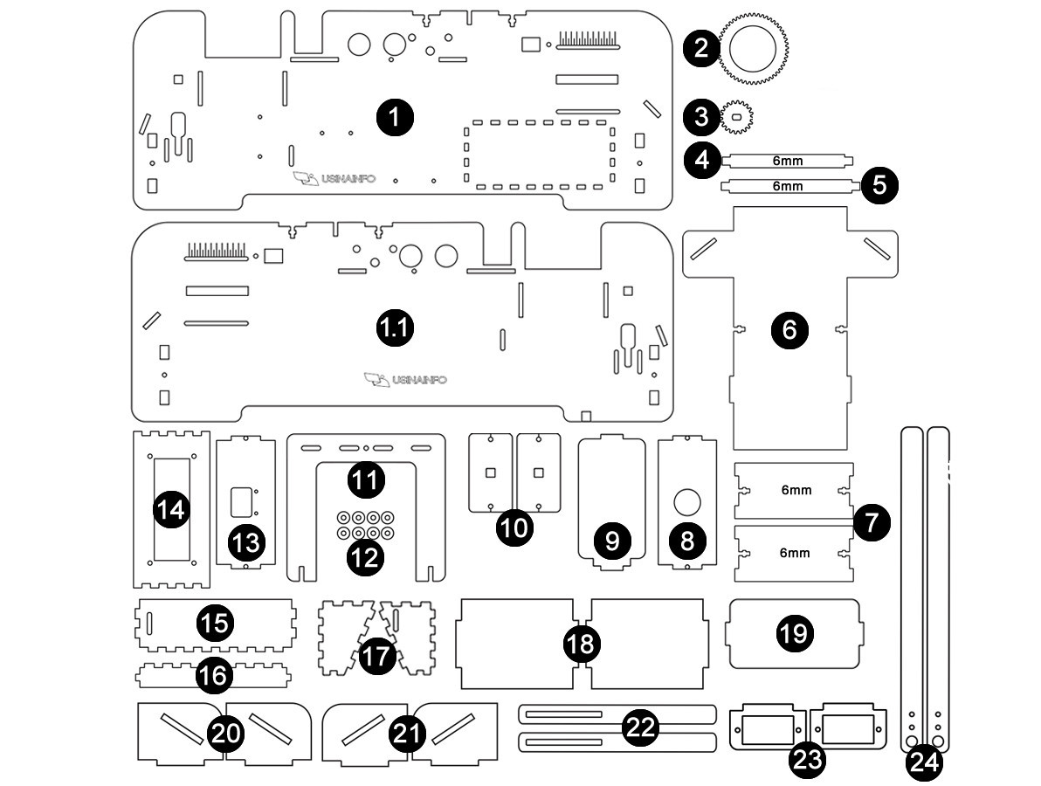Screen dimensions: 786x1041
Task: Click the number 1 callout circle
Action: [x=396, y=116]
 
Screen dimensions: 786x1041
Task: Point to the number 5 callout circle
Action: [x=879, y=185]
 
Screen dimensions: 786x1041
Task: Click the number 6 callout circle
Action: [x=789, y=330]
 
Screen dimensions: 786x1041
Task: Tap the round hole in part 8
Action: [x=687, y=502]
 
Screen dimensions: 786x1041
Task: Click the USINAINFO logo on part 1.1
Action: [x=407, y=380]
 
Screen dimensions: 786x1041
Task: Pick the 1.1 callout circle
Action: [x=394, y=328]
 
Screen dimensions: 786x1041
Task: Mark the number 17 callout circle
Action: [x=378, y=656]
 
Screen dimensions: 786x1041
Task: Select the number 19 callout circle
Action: [x=794, y=633]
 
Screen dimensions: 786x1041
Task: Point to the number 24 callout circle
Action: [x=924, y=762]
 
